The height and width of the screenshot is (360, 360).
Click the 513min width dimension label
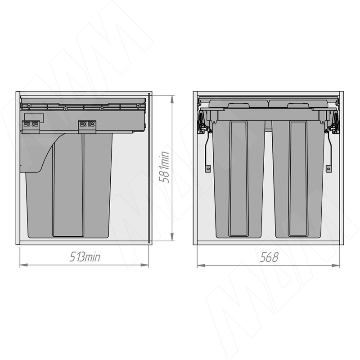(85, 257)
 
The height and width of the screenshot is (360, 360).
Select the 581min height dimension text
(164, 167)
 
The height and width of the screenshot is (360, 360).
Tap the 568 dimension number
(269, 257)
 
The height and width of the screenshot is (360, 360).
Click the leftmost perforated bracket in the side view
(31, 127)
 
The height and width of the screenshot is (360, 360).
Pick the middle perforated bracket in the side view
(87, 127)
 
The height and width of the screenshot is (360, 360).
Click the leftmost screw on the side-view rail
(29, 105)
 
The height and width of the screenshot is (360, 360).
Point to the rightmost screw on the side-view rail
(138, 105)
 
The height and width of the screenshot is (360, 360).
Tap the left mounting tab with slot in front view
(208, 168)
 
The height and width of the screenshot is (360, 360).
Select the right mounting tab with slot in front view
(329, 168)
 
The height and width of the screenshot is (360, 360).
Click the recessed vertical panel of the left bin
(238, 178)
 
